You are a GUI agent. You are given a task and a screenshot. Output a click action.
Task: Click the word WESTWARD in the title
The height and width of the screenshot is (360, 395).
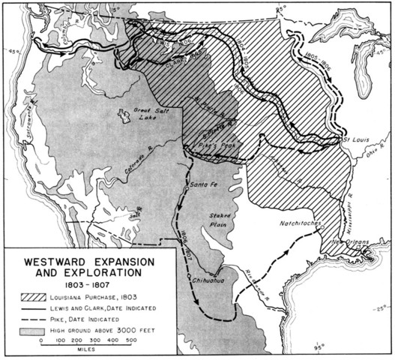click(52, 263)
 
